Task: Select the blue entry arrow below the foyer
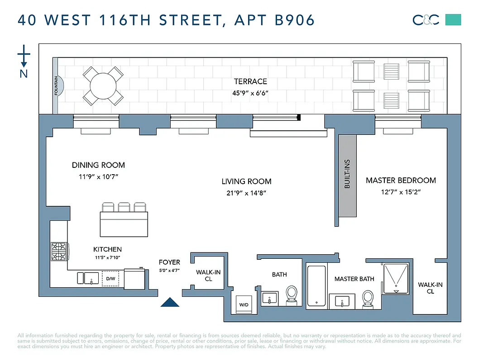click(x=170, y=302)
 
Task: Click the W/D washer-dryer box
click(x=244, y=305)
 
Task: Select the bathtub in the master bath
click(x=316, y=286)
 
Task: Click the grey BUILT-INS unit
click(x=348, y=174)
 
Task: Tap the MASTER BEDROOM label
click(x=401, y=180)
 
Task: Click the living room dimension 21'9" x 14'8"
click(x=246, y=193)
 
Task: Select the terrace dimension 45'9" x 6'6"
click(x=250, y=93)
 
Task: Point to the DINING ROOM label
click(x=98, y=165)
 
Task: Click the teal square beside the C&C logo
click(x=453, y=19)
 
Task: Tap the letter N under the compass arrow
click(x=24, y=73)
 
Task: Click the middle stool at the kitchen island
click(x=124, y=207)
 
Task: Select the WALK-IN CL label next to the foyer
click(x=208, y=276)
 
